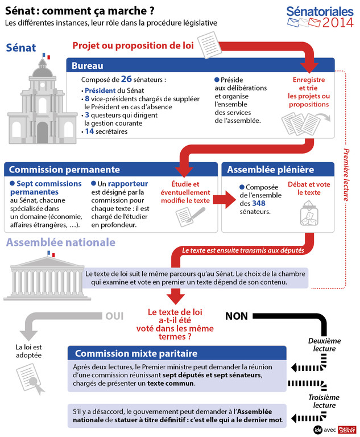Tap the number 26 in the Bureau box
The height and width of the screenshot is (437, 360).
click(126, 79)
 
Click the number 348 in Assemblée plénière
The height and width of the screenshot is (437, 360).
click(259, 203)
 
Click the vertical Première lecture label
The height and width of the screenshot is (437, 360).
click(346, 175)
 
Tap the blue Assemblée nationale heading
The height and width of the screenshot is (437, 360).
click(60, 243)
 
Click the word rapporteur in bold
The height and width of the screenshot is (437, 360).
click(129, 184)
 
